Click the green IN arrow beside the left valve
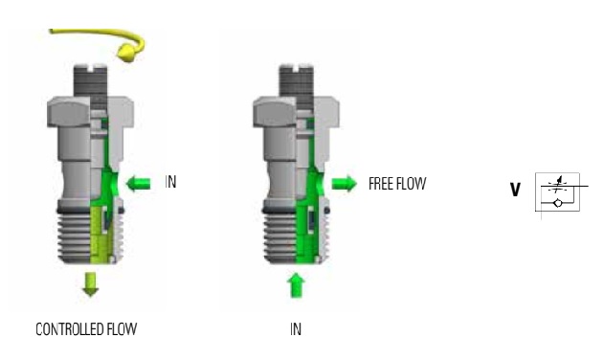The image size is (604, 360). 138,183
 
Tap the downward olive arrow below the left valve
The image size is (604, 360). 91,284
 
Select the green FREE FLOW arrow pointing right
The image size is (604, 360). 344,183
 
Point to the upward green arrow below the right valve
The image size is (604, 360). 296,285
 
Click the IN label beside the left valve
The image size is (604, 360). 170,182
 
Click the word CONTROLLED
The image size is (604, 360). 69,329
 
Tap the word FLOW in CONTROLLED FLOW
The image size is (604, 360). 122,329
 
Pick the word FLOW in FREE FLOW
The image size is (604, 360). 412,184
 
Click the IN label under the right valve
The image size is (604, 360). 296,329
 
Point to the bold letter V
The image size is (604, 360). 515,190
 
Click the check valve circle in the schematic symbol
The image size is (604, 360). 557,202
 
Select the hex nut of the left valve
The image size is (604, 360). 91,112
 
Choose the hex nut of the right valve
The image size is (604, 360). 296,112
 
